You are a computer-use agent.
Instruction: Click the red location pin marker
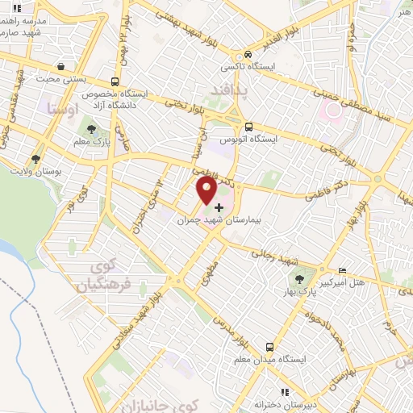click(x=207, y=190)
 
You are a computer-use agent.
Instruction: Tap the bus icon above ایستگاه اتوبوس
click(x=249, y=127)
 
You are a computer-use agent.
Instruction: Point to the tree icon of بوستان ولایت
click(x=35, y=158)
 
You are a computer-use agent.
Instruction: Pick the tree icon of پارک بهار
click(x=300, y=279)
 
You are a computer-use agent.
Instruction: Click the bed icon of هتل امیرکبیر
click(x=344, y=270)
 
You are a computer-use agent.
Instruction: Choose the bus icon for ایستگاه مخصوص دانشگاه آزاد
click(x=115, y=81)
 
